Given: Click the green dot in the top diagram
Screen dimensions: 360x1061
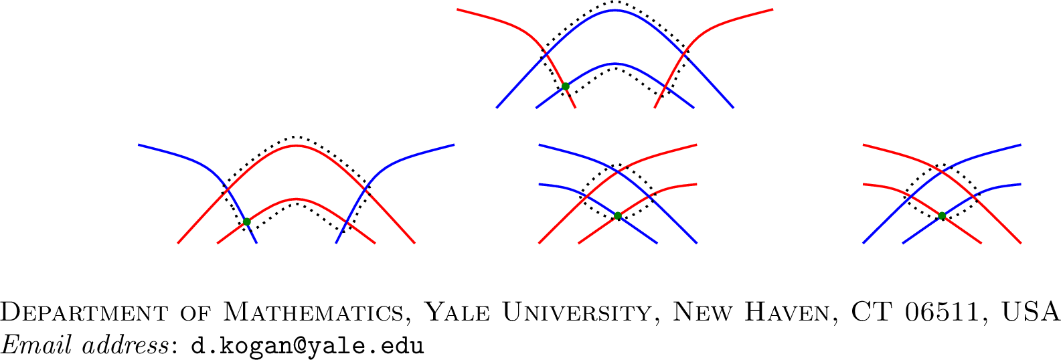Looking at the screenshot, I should (x=565, y=86).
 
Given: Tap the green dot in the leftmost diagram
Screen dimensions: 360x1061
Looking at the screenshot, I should (x=246, y=221).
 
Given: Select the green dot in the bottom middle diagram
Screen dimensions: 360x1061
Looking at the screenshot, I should (x=618, y=216).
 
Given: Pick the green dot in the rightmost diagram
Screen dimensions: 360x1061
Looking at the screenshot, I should (x=942, y=215).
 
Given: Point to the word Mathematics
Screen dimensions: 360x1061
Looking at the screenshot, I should (x=308, y=312).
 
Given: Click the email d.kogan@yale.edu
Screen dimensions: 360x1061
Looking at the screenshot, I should (x=307, y=346).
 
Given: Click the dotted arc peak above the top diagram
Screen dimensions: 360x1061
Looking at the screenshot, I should (x=615, y=2).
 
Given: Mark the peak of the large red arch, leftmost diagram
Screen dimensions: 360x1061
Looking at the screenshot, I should (x=296, y=145).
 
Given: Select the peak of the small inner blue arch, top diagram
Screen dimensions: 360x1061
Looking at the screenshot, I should (x=615, y=64).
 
